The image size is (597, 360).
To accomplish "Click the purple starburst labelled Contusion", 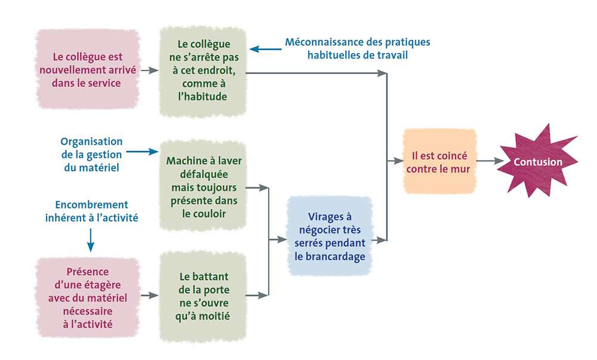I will (x=539, y=162).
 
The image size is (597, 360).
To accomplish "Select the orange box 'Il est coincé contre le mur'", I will (x=440, y=161).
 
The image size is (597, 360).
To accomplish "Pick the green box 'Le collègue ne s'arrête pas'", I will (x=204, y=70).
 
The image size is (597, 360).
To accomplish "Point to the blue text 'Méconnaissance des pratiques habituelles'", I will (x=357, y=48).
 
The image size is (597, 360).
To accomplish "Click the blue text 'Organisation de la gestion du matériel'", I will (x=91, y=155).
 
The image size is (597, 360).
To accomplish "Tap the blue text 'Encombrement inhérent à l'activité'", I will (x=91, y=211).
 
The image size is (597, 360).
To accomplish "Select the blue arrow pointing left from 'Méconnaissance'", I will (x=264, y=49).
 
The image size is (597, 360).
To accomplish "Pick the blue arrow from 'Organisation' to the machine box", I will (x=142, y=152).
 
